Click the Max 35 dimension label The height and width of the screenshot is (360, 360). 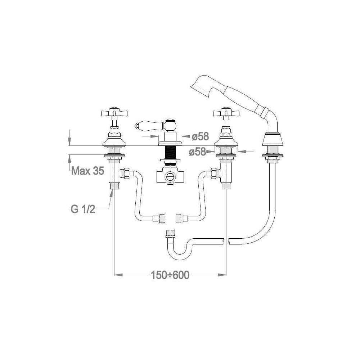click(x=87, y=171)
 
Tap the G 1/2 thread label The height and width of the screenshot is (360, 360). click(x=82, y=209)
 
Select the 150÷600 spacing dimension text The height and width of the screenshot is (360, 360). click(x=170, y=275)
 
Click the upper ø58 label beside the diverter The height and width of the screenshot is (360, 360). click(x=200, y=137)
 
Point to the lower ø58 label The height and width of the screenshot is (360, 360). click(x=198, y=152)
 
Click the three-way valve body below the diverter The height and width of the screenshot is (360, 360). click(x=170, y=176)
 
